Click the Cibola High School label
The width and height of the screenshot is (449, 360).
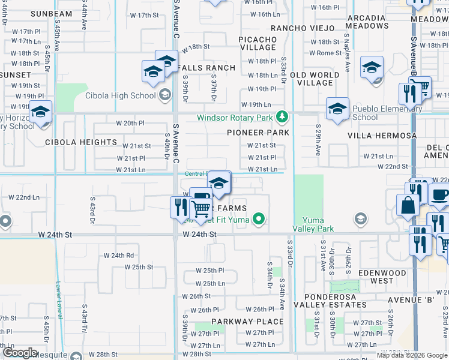point(120,95)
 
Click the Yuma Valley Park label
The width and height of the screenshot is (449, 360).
point(313,224)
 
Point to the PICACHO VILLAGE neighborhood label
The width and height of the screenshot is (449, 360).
point(258,43)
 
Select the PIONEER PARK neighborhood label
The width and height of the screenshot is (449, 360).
point(258,133)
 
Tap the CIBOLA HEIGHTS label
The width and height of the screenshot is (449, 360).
point(81,142)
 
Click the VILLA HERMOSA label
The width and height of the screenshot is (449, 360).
point(382,136)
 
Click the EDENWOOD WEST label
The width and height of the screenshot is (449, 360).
point(382,277)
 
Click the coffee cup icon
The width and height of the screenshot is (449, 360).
point(440,196)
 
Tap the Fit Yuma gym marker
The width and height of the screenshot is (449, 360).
point(259,218)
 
